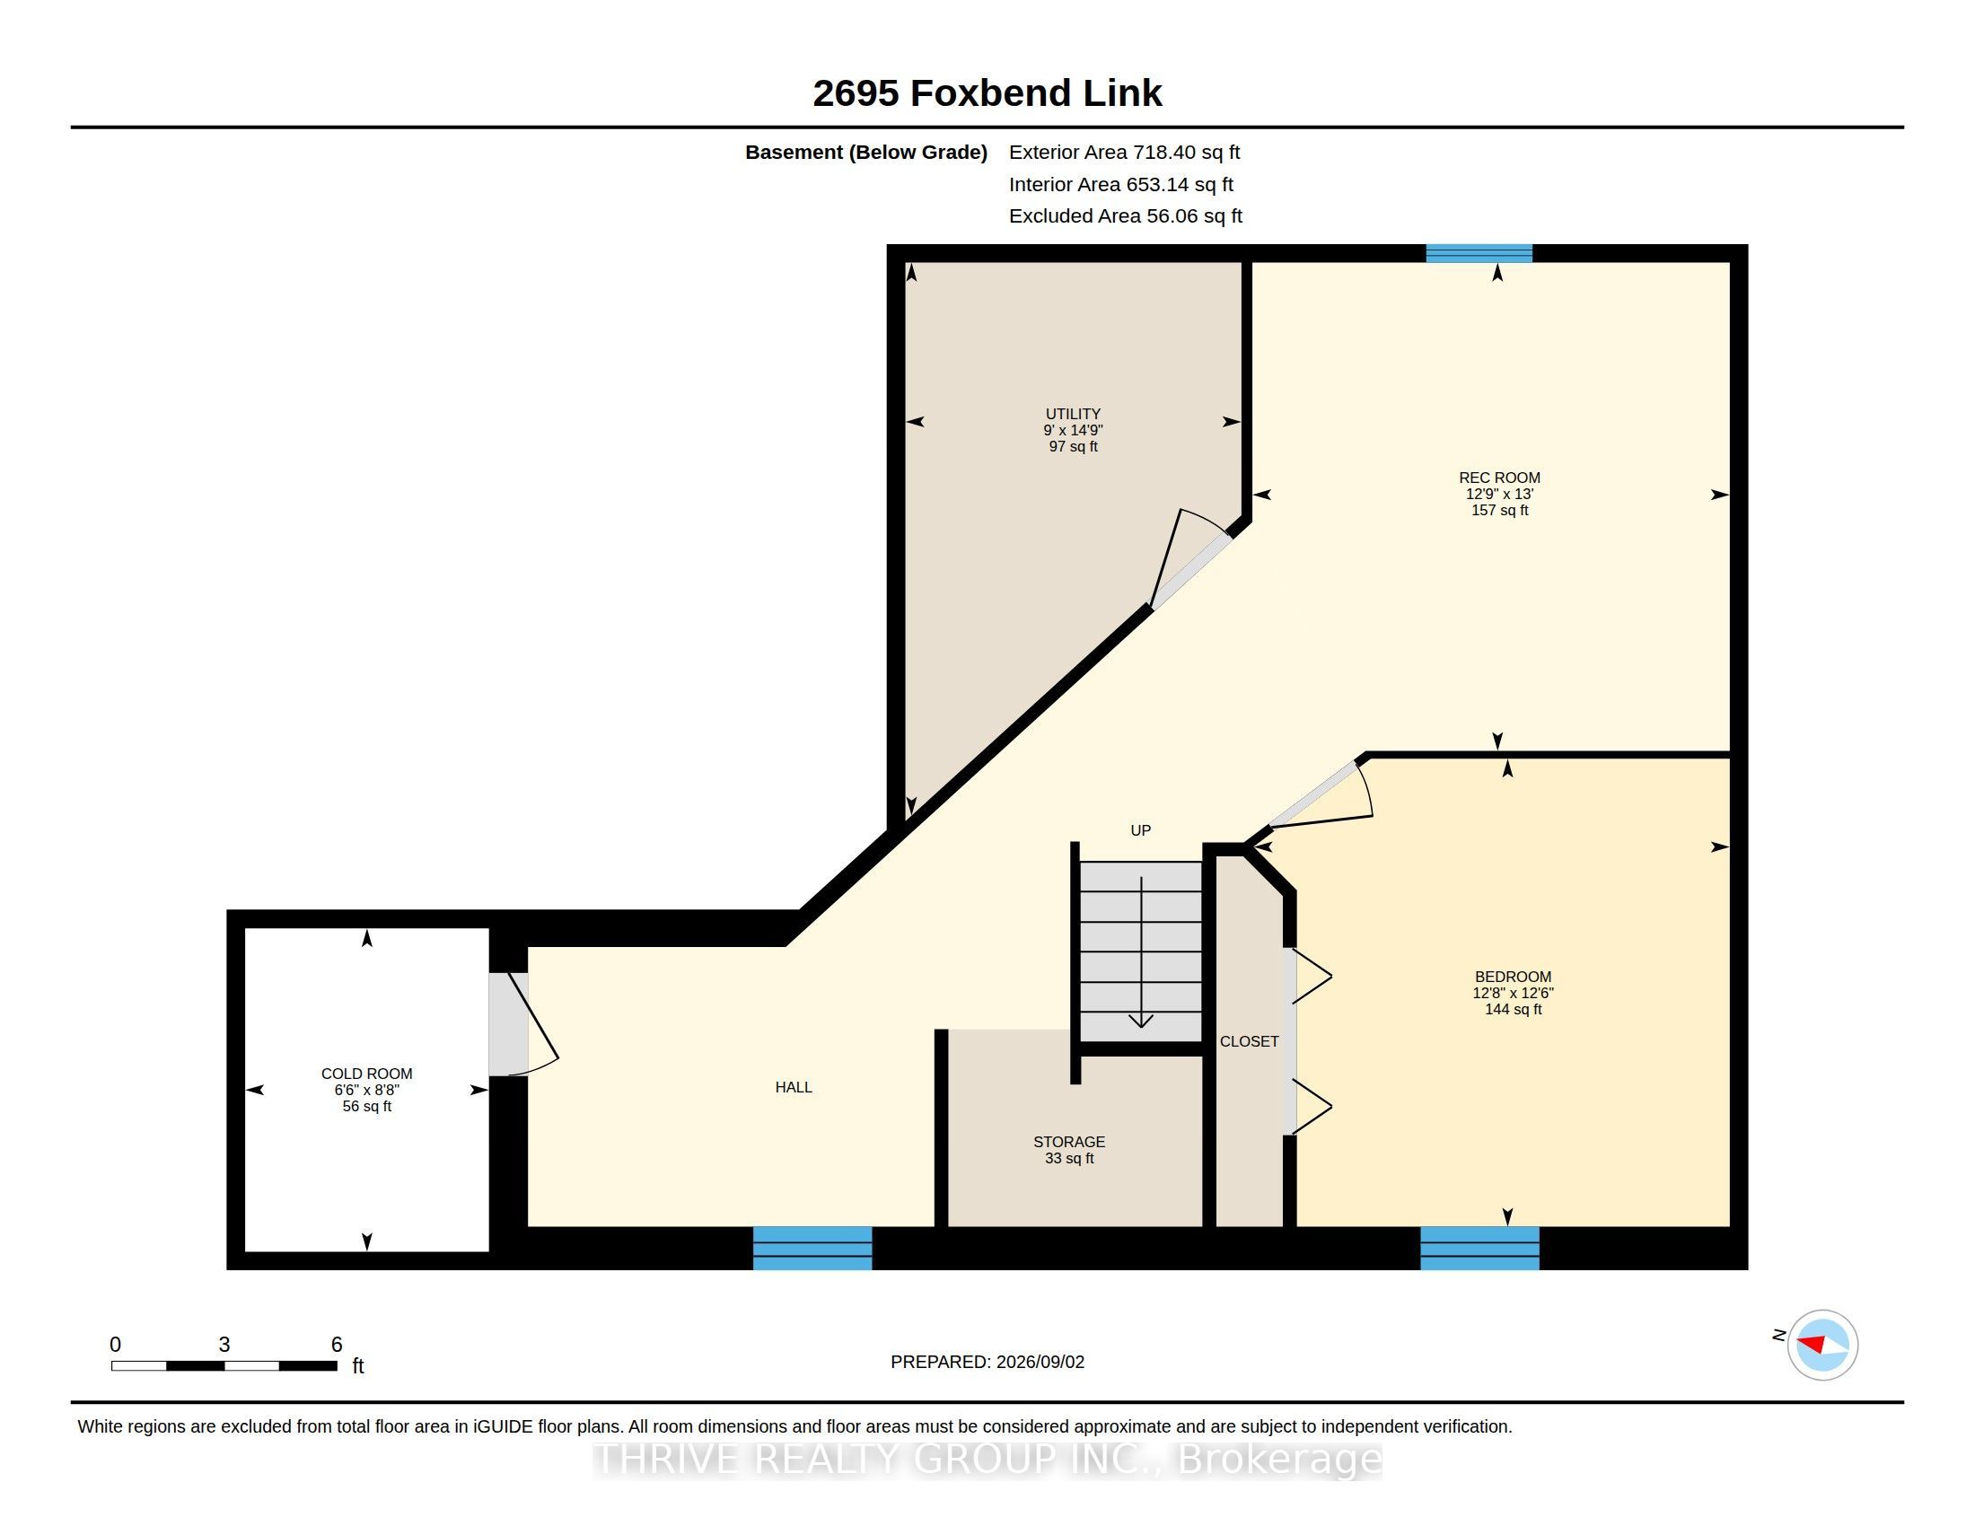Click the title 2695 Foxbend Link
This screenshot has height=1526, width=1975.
coord(987,93)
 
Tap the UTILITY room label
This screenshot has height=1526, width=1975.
coord(1074,414)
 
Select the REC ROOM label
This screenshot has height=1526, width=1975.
coord(1499,478)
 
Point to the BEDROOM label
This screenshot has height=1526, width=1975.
coord(1513,977)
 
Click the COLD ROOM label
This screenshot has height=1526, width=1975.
coord(366,1074)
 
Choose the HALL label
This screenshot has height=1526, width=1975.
coord(793,1088)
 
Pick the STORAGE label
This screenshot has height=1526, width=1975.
coord(1069,1142)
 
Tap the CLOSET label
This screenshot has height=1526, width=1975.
coord(1249,1041)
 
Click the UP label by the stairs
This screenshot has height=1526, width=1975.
coord(1140,830)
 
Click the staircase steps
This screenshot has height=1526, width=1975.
coord(1141,951)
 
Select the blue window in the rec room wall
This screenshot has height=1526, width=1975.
coord(1479,253)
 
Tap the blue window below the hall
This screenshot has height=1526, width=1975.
coord(812,1248)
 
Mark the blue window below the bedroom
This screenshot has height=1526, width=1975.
coord(1479,1248)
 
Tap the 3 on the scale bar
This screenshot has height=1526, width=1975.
coord(224,1345)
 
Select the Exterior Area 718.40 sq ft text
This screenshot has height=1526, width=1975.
coord(1124,153)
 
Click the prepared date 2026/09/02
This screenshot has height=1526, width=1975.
coord(1040,1362)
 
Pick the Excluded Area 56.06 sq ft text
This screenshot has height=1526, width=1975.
coord(1125,216)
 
